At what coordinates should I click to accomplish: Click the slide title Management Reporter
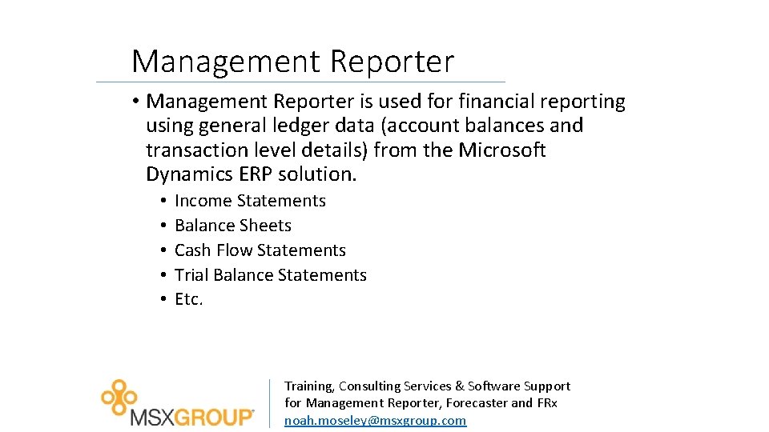(292, 62)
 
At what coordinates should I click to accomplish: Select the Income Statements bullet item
(250, 201)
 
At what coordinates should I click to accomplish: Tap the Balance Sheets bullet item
(232, 226)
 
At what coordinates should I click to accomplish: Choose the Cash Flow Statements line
(260, 250)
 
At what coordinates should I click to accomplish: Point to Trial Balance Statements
(270, 275)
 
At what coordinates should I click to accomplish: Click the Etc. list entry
(189, 299)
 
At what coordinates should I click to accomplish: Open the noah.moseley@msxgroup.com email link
(375, 421)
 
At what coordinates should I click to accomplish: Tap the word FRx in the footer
(546, 403)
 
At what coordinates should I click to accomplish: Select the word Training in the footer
(309, 386)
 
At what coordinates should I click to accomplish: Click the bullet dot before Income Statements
(163, 202)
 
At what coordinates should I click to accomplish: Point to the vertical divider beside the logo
(269, 402)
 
